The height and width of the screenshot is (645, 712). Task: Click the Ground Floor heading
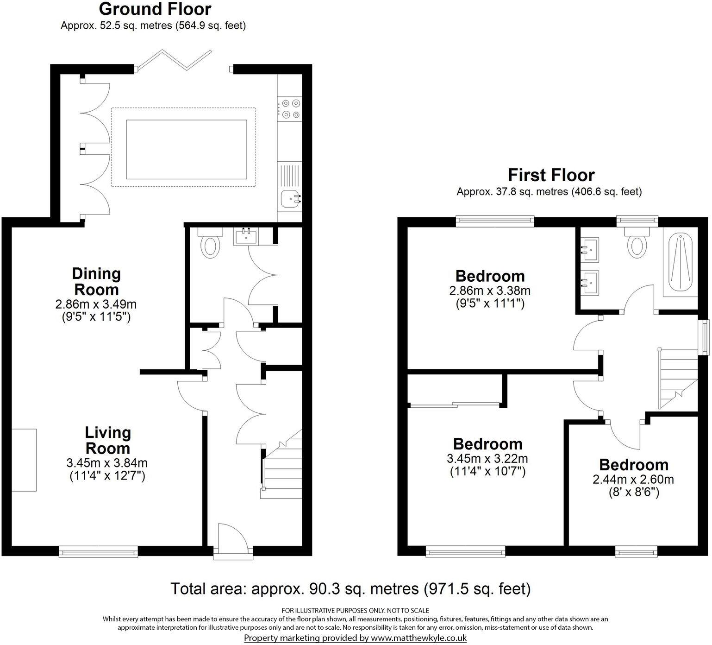click(x=155, y=9)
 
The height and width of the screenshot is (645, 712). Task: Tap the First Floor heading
click(x=551, y=175)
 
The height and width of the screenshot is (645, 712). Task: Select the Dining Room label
click(x=96, y=282)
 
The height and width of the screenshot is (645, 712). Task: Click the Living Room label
click(x=107, y=440)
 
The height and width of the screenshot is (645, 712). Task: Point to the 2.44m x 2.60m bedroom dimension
click(x=633, y=479)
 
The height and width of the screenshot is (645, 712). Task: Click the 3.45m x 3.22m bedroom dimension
click(x=487, y=459)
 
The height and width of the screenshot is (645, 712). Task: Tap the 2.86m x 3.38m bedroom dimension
click(x=490, y=291)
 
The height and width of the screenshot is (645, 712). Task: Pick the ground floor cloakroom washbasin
click(x=246, y=236)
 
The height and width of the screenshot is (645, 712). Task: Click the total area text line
click(x=350, y=589)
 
